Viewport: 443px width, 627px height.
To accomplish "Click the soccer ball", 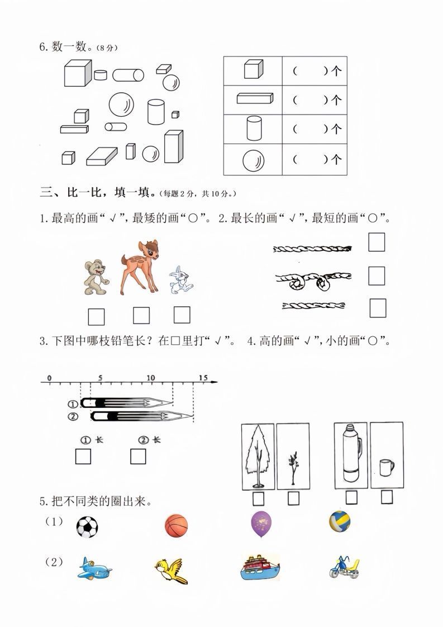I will [87, 526].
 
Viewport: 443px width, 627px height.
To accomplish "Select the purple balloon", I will [261, 524].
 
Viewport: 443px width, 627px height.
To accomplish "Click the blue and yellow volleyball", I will [340, 521].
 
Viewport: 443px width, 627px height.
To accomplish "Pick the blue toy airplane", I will [94, 568].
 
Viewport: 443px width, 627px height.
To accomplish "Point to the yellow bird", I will [170, 570].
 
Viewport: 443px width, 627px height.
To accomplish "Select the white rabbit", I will [180, 280].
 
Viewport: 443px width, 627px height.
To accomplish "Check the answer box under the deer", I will [141, 316].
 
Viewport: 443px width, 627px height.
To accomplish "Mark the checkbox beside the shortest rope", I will [378, 307].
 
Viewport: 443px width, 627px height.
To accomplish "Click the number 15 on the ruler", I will [203, 378].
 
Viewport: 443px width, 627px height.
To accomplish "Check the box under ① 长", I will [83, 457].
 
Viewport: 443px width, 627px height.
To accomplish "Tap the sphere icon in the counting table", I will [253, 160].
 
